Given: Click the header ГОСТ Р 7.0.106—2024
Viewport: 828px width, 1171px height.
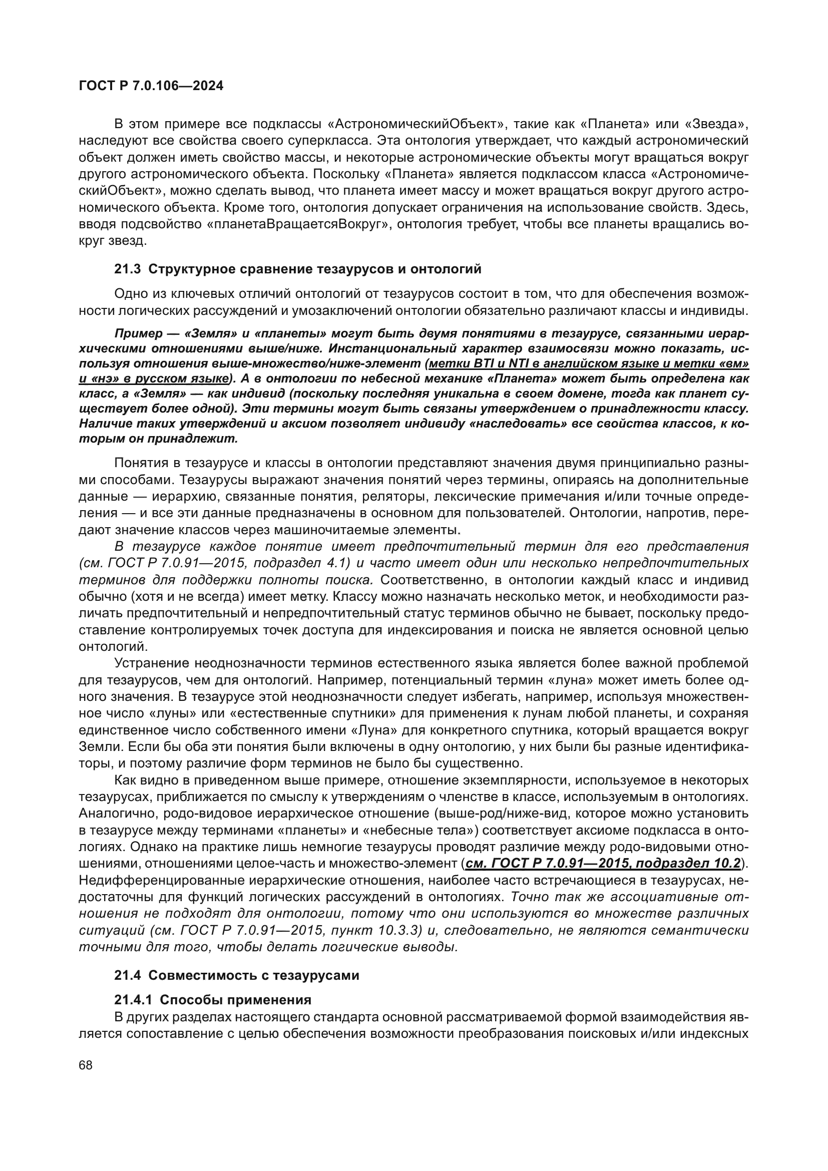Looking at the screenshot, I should click(151, 86).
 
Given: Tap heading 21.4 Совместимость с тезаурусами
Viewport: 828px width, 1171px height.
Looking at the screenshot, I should click(237, 975).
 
